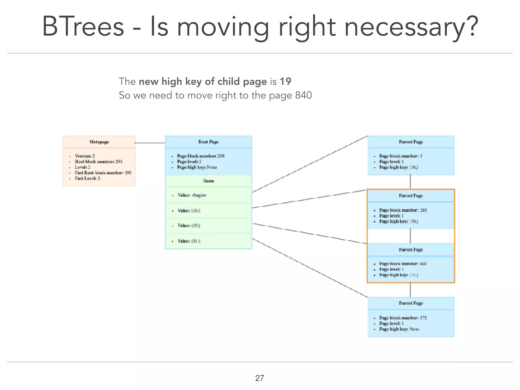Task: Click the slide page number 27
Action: (x=259, y=378)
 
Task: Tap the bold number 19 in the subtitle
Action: (x=285, y=82)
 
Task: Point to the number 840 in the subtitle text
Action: (x=303, y=95)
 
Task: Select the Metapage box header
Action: (x=99, y=142)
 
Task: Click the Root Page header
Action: (x=208, y=142)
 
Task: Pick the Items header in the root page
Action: (x=208, y=181)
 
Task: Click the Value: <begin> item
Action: (x=192, y=195)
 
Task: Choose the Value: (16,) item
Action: (x=189, y=210)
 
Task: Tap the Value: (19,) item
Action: (x=189, y=225)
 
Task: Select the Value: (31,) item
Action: (x=189, y=241)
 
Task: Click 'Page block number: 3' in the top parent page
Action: (x=400, y=156)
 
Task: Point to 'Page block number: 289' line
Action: (x=403, y=210)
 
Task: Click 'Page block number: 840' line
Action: (x=403, y=264)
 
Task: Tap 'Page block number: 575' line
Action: (x=403, y=318)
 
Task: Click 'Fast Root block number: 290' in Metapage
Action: (x=103, y=173)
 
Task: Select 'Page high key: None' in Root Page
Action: (x=197, y=167)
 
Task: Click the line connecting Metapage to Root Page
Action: (x=150, y=143)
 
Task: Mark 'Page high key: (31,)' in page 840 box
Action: (x=398, y=275)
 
